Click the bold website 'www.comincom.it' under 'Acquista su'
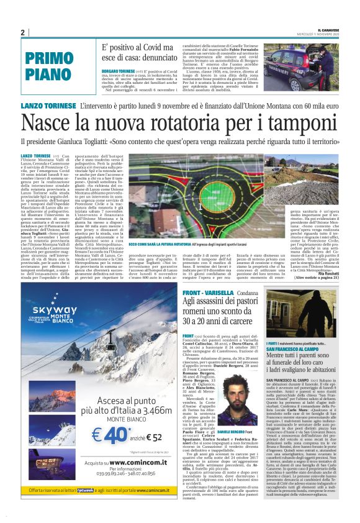pyautogui.click(x=114, y=463)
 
